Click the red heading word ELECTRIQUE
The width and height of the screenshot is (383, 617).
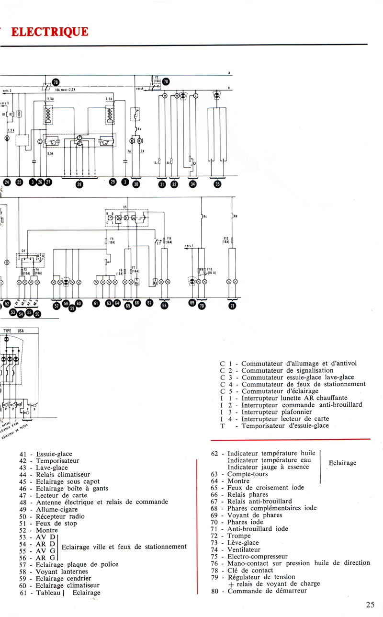[x=49, y=32]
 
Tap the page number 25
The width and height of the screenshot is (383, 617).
[x=370, y=605]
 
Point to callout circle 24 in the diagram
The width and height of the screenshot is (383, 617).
[x=7, y=182]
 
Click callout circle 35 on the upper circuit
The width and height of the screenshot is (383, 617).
[x=218, y=184]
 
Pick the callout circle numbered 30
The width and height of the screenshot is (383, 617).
[x=136, y=184]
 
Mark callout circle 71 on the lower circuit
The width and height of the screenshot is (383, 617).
[x=232, y=306]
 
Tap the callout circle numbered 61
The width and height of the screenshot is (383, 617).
[x=96, y=303]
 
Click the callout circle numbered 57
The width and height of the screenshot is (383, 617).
[x=56, y=305]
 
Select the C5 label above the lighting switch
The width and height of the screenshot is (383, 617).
[x=125, y=207]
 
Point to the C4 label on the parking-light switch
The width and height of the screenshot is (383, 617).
[x=23, y=251]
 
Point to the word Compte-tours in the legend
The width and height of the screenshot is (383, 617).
[x=248, y=474]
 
